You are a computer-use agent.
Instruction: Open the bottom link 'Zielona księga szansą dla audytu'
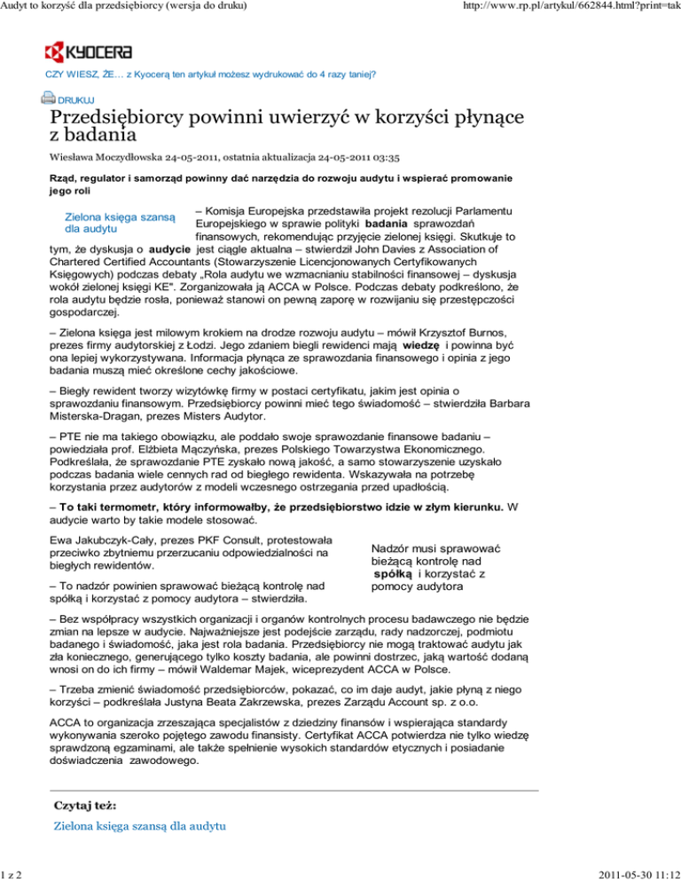click(140, 826)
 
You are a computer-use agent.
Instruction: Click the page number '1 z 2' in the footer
click(13, 873)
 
